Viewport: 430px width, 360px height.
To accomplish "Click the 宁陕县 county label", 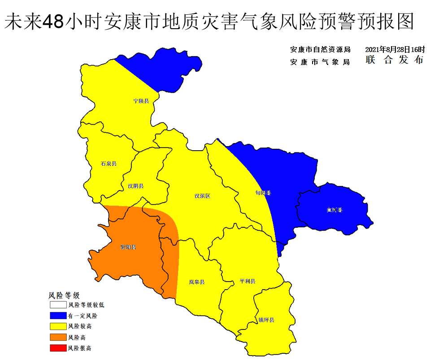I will [141, 101].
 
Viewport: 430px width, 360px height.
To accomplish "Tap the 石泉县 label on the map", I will [109, 164].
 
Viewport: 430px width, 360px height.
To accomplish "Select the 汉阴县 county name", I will [135, 186].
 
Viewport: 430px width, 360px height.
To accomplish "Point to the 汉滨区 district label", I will [202, 196].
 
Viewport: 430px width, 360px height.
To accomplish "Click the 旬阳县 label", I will [263, 193].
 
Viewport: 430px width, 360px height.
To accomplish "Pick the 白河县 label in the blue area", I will [334, 209].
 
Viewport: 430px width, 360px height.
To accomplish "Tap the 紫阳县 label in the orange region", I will [128, 247].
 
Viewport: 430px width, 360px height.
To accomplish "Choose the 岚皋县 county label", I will [197, 282].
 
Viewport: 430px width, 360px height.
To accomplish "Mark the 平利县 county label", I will [248, 281].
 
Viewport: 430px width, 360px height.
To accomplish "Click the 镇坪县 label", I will [266, 320].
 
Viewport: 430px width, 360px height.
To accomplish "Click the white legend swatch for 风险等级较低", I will [57, 305].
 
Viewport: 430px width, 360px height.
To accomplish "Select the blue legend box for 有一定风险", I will [57, 316].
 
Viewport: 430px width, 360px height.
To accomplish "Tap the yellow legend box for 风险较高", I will [57, 326].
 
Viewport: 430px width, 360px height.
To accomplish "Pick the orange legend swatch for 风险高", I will [57, 337].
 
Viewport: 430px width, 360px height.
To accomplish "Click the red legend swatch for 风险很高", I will [57, 348].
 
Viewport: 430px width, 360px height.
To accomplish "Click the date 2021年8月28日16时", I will [395, 49].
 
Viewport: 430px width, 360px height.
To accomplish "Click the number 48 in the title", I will [52, 21].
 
